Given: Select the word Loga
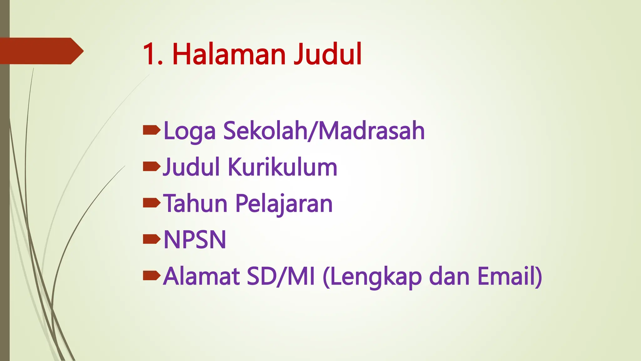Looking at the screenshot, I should coord(189,131).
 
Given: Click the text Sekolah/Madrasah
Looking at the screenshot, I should coord(324,130).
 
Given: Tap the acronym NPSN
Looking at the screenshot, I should coord(195,240).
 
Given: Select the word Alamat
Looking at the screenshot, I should coord(201,276).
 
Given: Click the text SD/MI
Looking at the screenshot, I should coord(280,276).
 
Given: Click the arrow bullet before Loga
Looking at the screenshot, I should coord(151,130).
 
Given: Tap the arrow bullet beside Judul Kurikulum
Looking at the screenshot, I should coord(151,166).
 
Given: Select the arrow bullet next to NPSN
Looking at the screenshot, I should coord(151,239).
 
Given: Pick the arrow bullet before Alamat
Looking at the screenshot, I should coord(151,275).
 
